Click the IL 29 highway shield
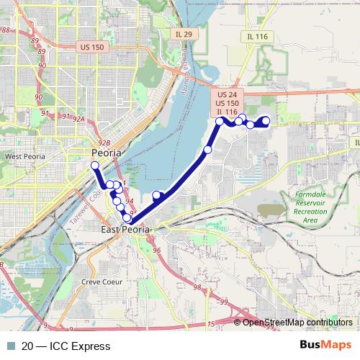pyautogui.click(x=183, y=34)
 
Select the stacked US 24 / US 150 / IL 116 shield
pyautogui.click(x=227, y=103)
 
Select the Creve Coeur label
pyautogui.click(x=100, y=282)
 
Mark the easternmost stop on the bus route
pyautogui.click(x=266, y=121)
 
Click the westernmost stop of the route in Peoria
pyautogui.click(x=94, y=166)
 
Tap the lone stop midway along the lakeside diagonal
pyautogui.click(x=207, y=150)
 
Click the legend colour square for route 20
pyautogui.click(x=9, y=346)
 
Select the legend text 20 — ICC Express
pyautogui.click(x=66, y=346)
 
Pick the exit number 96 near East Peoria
pyautogui.click(x=156, y=250)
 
